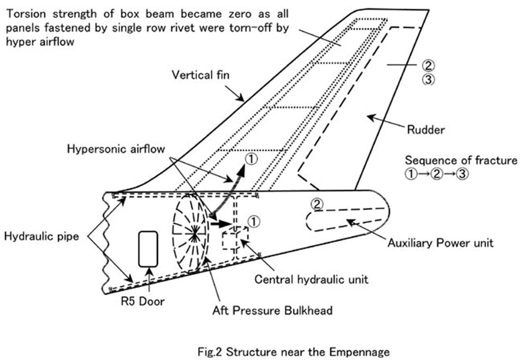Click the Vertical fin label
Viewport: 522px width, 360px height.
click(200, 75)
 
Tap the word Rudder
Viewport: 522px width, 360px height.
click(425, 130)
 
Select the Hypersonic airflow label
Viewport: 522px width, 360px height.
click(116, 149)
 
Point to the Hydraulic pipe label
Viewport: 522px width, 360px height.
click(41, 236)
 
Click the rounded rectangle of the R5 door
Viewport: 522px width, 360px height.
click(148, 249)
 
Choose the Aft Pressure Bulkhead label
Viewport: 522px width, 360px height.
click(272, 310)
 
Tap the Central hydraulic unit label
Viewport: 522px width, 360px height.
click(311, 279)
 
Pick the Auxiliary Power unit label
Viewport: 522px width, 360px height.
click(440, 243)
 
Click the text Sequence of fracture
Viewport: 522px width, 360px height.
click(461, 160)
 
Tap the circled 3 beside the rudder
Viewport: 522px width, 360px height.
click(428, 79)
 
